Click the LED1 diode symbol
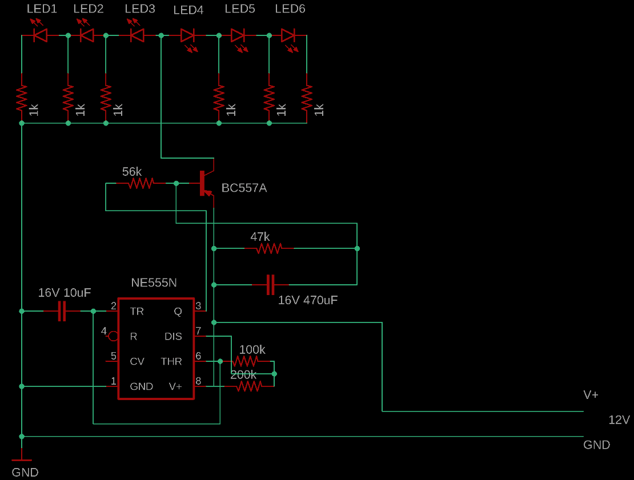pos(40,36)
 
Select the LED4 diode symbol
pos(188,36)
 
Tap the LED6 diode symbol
pos(288,36)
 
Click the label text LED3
pos(139,9)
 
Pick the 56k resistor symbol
pos(141,183)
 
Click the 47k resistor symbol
pos(269,249)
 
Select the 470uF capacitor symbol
pos(271,284)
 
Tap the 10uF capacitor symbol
pos(62,311)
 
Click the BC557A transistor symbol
pos(204,183)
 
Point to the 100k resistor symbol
pos(246,361)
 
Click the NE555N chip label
pos(154,283)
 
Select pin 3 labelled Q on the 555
pos(178,311)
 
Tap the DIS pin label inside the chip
pos(173,336)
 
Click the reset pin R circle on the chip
pos(113,336)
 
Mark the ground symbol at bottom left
pos(22,458)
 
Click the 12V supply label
pos(619,420)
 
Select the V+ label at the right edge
pos(591,395)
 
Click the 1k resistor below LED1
pos(22,98)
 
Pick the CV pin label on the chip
pos(137,361)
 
